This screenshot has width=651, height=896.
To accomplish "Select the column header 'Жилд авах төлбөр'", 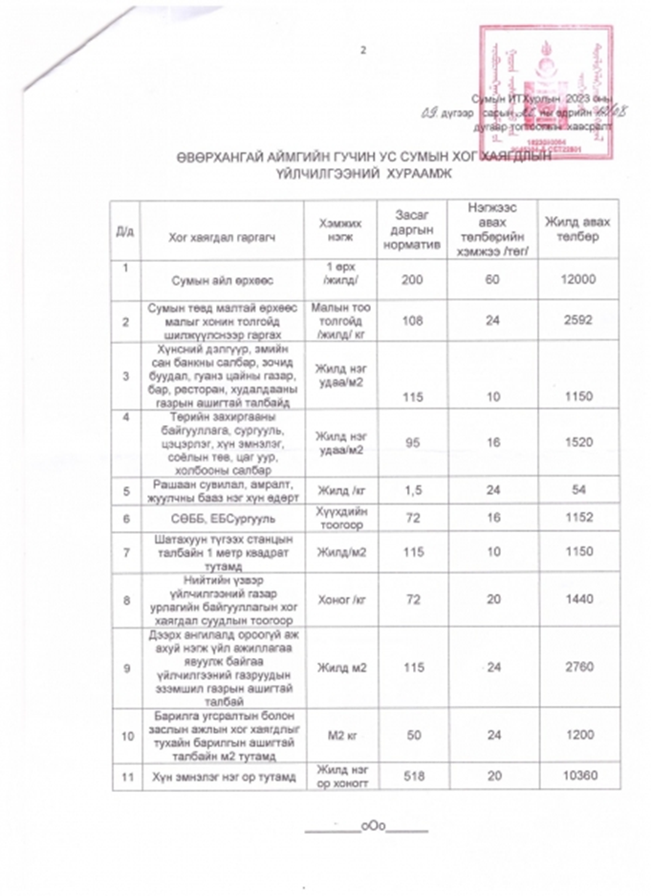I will [570, 229].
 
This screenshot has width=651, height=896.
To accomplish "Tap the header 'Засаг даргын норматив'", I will [408, 230].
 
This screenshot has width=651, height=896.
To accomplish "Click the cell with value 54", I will [570, 488].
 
